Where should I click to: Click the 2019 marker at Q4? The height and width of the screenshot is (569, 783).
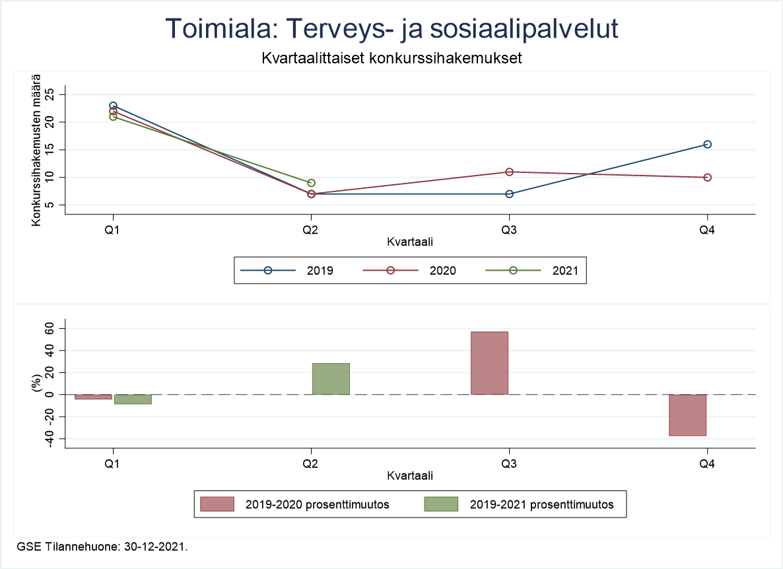pyautogui.click(x=707, y=145)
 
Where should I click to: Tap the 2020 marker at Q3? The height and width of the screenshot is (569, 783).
pyautogui.click(x=509, y=172)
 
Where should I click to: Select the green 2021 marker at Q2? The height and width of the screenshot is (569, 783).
pyautogui.click(x=311, y=183)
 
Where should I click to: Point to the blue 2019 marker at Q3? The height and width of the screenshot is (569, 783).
pyautogui.click(x=509, y=194)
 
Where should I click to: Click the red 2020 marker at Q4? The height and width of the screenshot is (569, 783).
pyautogui.click(x=707, y=178)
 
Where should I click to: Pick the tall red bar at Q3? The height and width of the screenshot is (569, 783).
pyautogui.click(x=489, y=363)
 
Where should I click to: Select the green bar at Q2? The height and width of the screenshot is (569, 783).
pyautogui.click(x=331, y=379)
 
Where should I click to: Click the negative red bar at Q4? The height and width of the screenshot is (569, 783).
pyautogui.click(x=687, y=415)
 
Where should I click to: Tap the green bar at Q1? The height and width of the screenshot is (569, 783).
pyautogui.click(x=133, y=399)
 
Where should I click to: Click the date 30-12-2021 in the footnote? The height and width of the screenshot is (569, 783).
pyautogui.click(x=159, y=547)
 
